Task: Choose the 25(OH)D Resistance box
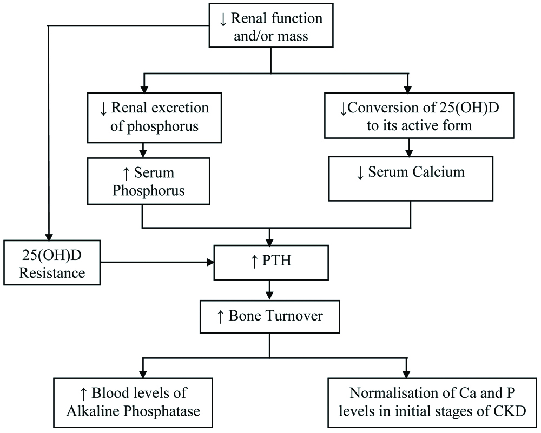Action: [x=52, y=263]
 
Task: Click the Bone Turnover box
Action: [x=269, y=316]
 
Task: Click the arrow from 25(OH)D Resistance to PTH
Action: [x=157, y=263]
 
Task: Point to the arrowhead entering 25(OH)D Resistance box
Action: [x=49, y=237]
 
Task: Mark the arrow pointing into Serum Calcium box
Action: [x=409, y=149]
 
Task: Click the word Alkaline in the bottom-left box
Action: [x=90, y=410]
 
